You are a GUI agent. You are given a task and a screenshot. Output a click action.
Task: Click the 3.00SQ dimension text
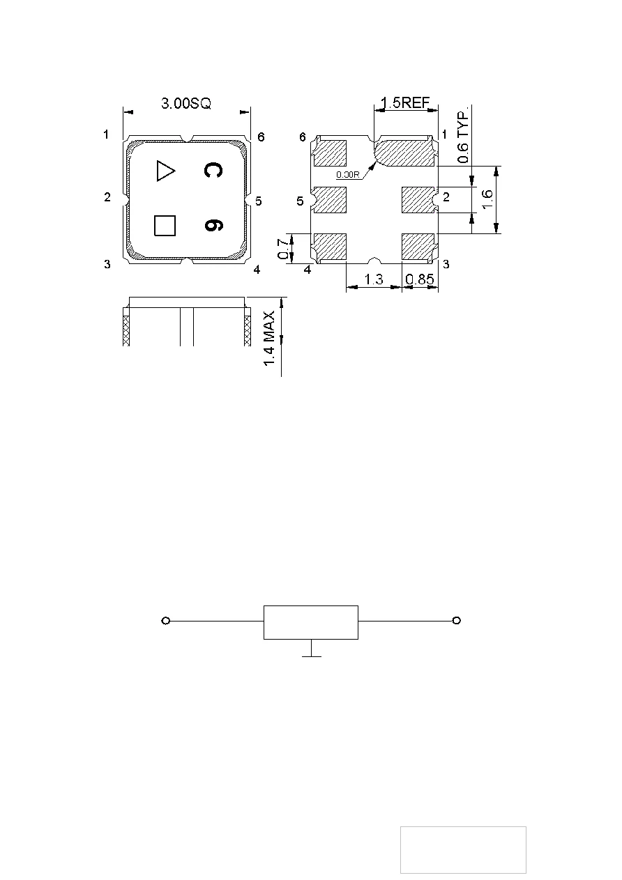coord(185,104)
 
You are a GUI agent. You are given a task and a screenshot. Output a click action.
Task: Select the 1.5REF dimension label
coord(406,104)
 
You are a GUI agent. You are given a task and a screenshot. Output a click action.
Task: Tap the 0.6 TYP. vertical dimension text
coord(463,137)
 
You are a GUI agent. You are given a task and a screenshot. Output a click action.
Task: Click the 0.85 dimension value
coord(420,279)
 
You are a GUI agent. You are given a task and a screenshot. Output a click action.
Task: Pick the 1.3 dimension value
coord(374,279)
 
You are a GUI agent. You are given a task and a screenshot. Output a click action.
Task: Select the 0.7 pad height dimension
coord(283,249)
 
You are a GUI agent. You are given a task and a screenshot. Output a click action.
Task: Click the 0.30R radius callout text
coord(347,175)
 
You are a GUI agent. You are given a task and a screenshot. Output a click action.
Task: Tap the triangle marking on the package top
coord(165,171)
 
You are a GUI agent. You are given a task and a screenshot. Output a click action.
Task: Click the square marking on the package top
coord(165,226)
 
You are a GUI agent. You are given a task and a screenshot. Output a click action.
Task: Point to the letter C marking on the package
coord(213,171)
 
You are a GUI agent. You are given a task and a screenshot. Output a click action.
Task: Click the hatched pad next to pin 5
coord(331,201)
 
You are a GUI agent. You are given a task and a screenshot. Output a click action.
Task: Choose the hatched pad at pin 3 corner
coord(418,247)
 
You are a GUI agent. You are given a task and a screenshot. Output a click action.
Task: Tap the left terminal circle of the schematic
coord(166,621)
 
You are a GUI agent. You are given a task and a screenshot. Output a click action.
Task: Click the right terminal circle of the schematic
coord(456,621)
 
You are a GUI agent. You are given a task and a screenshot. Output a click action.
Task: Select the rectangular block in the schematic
coord(310,622)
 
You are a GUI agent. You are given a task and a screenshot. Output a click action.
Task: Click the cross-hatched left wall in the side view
coord(127,328)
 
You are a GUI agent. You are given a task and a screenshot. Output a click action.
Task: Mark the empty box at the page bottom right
coord(463,849)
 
